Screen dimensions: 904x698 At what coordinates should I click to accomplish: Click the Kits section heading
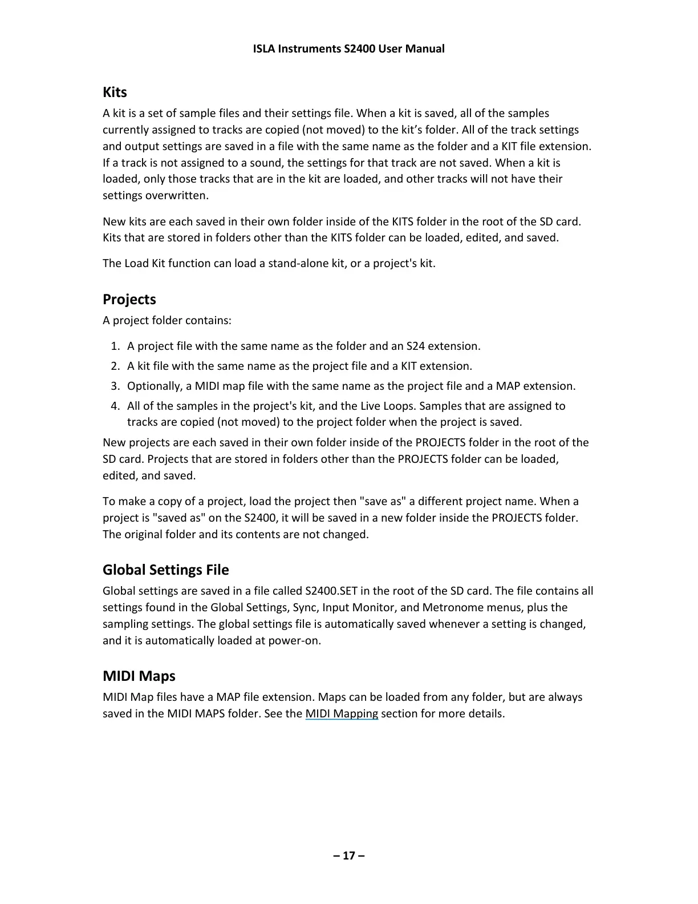(x=115, y=92)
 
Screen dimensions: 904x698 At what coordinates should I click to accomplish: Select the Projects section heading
(x=129, y=300)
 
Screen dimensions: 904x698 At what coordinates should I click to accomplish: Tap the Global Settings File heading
(x=165, y=570)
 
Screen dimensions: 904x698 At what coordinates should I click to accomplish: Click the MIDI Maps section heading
(x=139, y=676)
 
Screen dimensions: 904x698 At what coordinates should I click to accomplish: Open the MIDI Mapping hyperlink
(x=342, y=714)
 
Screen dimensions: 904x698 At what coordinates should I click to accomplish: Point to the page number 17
(x=349, y=855)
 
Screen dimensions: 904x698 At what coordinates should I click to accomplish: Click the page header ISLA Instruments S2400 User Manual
(x=348, y=49)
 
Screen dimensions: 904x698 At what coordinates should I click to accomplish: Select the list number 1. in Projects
(x=115, y=346)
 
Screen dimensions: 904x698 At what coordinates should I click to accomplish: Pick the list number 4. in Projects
(x=115, y=406)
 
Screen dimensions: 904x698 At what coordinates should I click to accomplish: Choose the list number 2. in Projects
(x=115, y=366)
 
